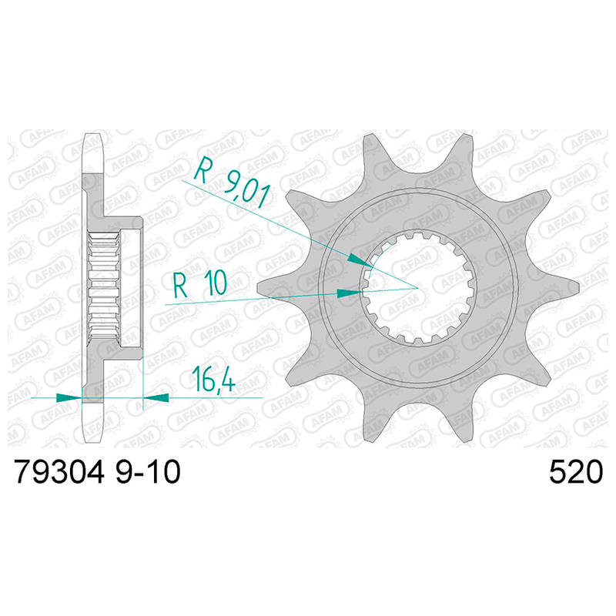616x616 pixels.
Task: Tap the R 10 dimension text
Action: point(200,284)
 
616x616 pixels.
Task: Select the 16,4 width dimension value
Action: point(214,380)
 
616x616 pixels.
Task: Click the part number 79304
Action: point(59,472)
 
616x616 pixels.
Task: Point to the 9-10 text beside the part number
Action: point(148,472)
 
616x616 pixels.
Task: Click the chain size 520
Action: point(575,472)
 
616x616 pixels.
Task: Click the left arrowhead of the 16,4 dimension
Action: point(69,397)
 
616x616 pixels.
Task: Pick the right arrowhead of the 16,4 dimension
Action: point(156,397)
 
